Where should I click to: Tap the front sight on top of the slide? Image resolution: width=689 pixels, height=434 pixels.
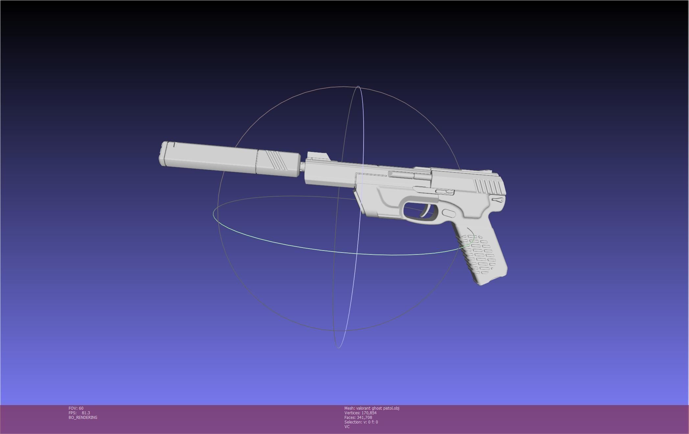click(x=318, y=156)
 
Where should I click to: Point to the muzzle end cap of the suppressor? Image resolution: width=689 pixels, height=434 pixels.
click(x=163, y=154)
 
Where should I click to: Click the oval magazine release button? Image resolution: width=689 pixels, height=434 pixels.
click(x=449, y=213)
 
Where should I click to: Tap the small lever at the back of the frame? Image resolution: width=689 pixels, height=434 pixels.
click(x=498, y=200)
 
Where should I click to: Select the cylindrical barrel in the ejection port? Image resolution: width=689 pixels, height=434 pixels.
click(x=409, y=175)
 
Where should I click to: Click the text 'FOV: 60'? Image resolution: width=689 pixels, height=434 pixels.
click(x=76, y=408)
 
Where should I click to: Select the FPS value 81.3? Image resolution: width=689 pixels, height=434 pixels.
click(x=86, y=413)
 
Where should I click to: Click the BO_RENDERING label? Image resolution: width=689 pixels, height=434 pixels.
click(x=83, y=418)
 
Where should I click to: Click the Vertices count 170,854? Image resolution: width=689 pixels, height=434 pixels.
click(x=368, y=413)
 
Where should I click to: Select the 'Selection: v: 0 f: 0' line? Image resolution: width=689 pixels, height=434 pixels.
click(x=361, y=422)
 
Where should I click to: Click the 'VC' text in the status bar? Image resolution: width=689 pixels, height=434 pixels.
click(x=347, y=427)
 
